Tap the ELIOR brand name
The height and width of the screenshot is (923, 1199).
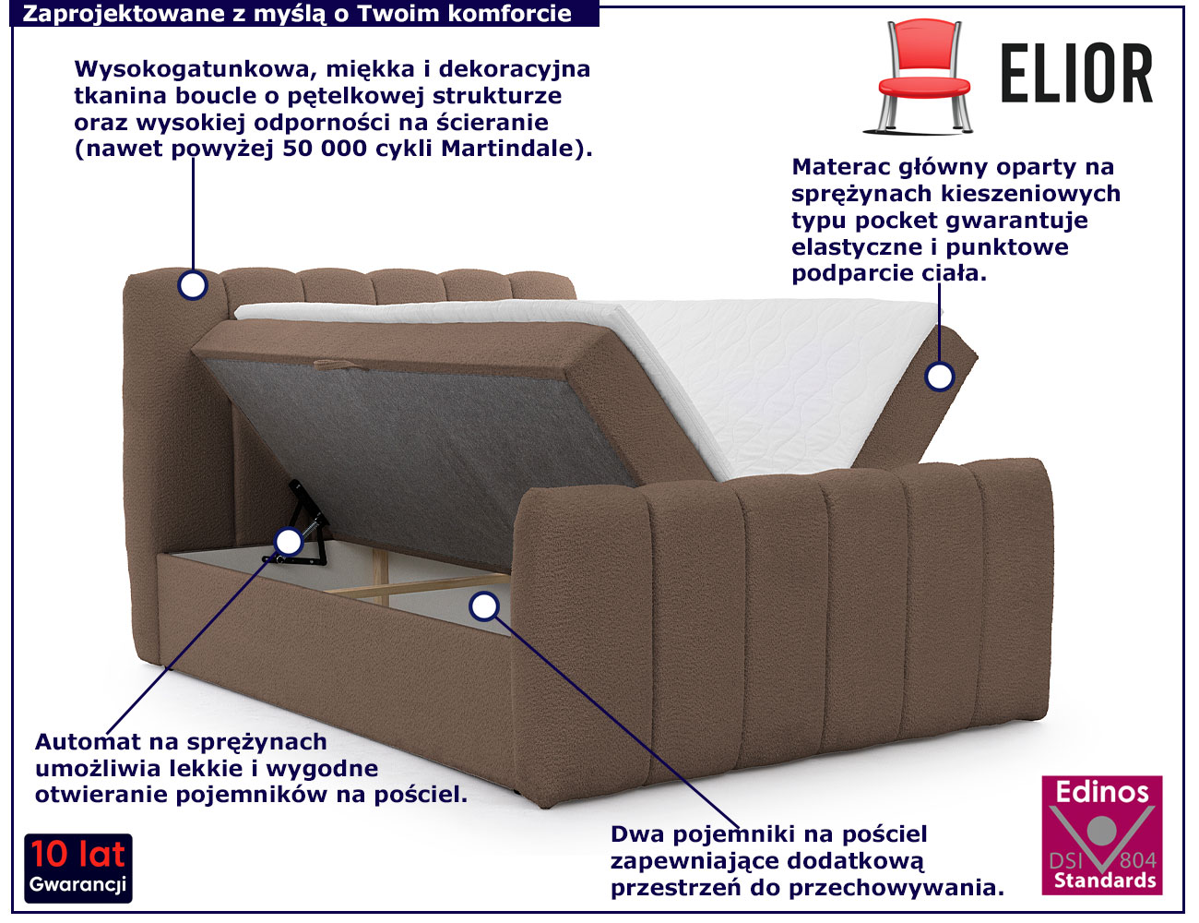tap(1076, 74)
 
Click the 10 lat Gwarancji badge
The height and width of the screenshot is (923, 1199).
tap(78, 869)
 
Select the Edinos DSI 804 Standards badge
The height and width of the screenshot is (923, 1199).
tap(1102, 835)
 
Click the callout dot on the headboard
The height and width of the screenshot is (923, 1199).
tap(193, 285)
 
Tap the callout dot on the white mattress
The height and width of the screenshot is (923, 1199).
tap(940, 377)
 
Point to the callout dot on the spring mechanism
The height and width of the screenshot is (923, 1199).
tap(289, 542)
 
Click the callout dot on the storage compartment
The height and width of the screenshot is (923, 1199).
tap(484, 606)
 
